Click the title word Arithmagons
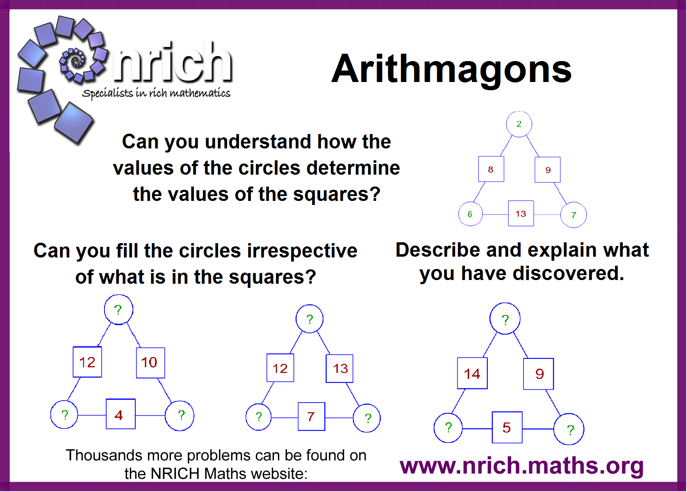pyautogui.click(x=451, y=70)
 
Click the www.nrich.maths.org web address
pyautogui.click(x=521, y=466)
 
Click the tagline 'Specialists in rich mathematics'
pyautogui.click(x=156, y=93)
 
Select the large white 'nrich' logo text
pyautogui.click(x=172, y=62)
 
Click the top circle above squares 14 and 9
pyautogui.click(x=505, y=318)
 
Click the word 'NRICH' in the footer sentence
pyautogui.click(x=175, y=474)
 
